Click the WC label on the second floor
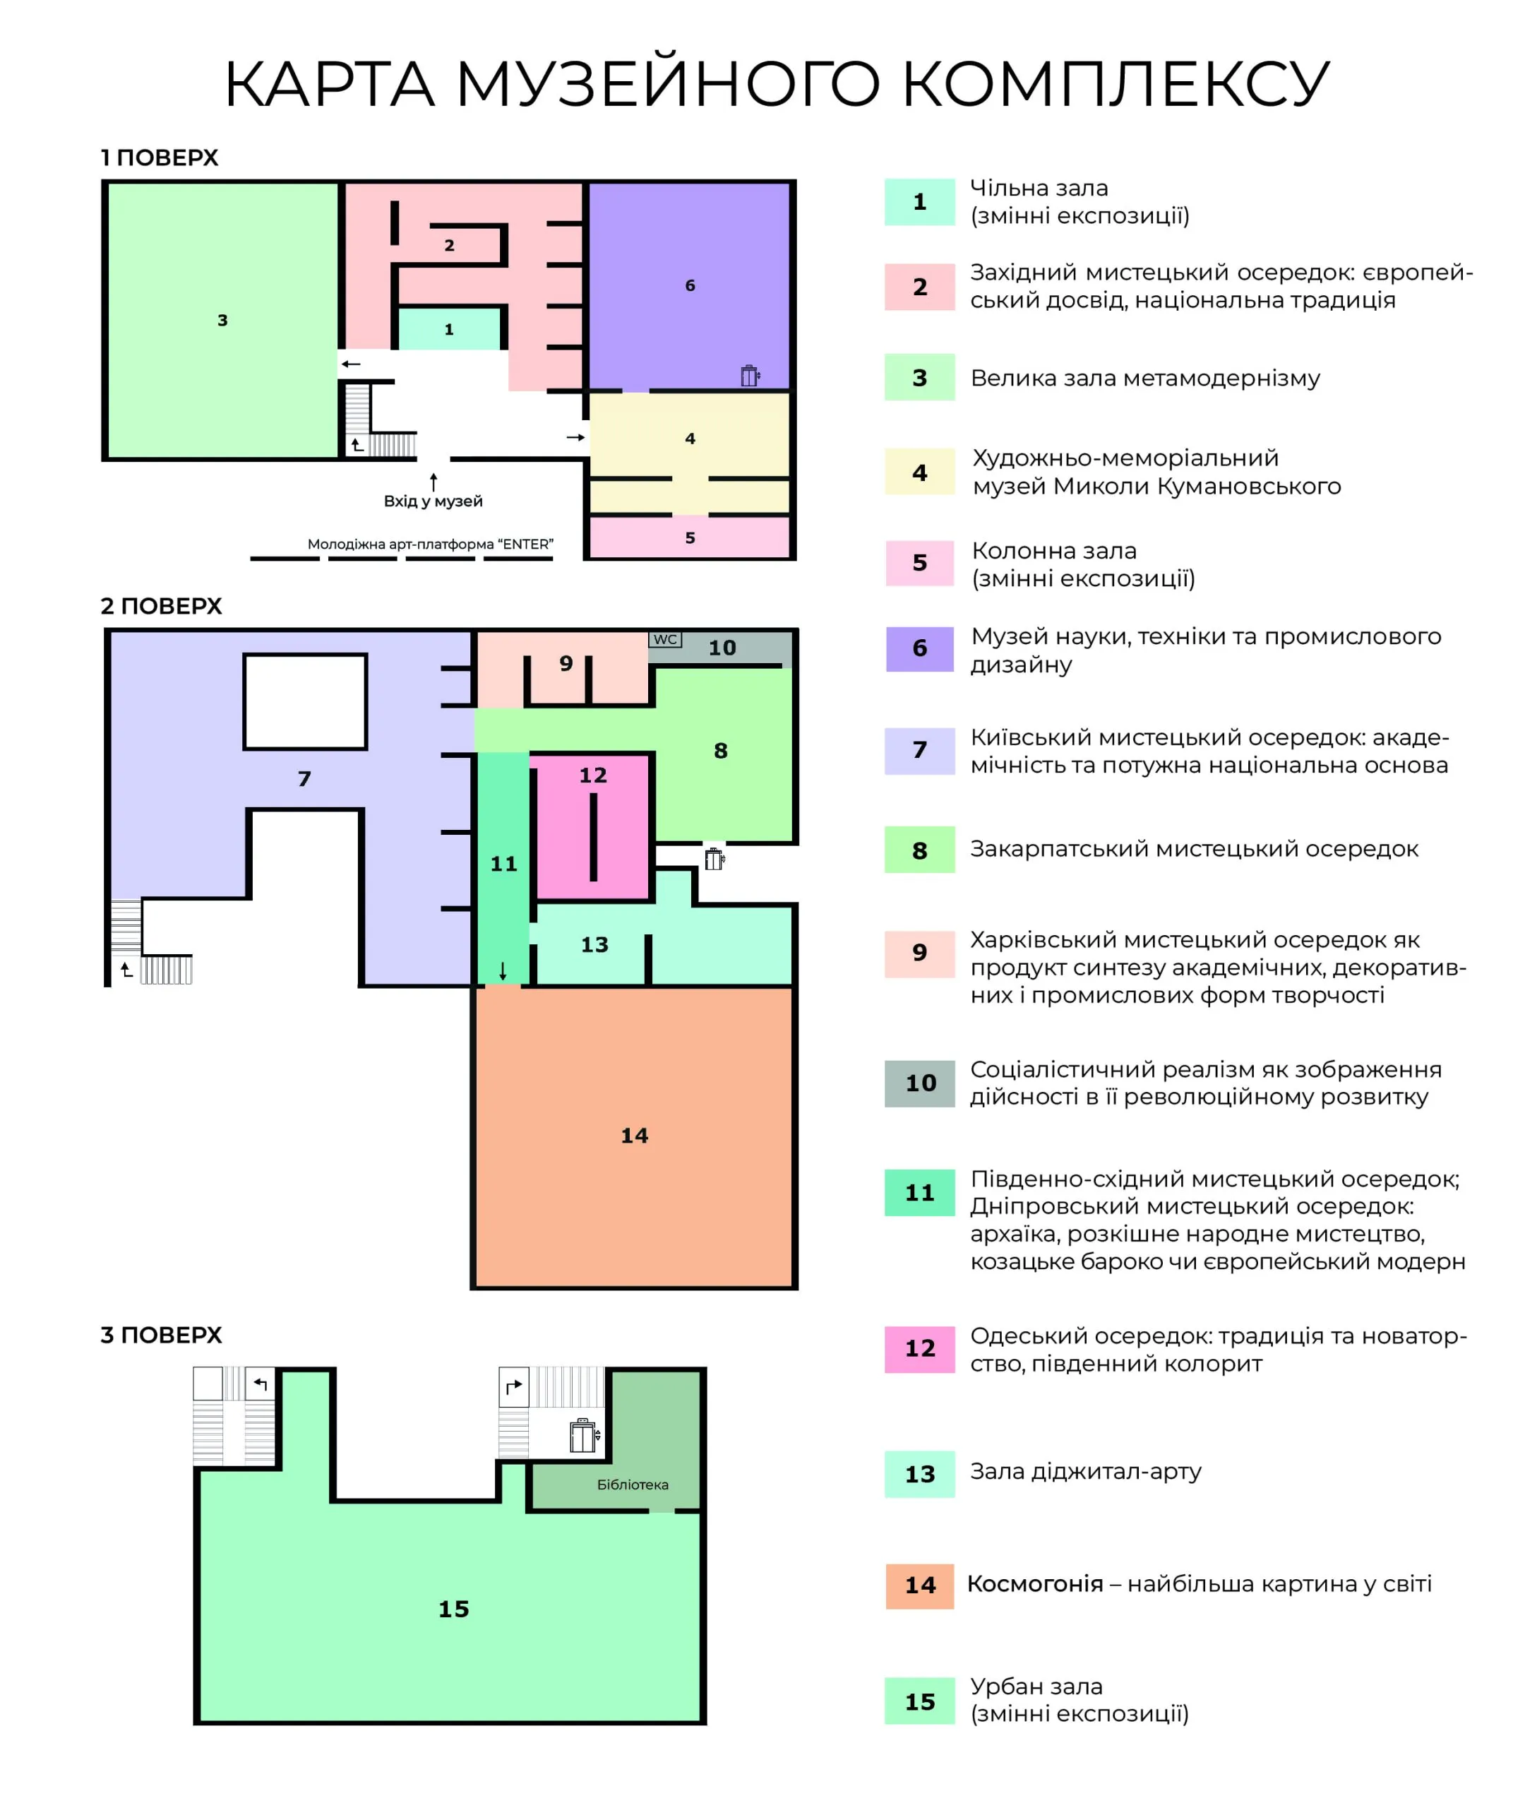pyautogui.click(x=665, y=639)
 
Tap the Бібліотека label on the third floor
pyautogui.click(x=633, y=1485)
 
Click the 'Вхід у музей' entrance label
pyautogui.click(x=433, y=501)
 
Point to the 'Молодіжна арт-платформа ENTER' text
pyautogui.click(x=431, y=544)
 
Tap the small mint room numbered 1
pyautogui.click(x=449, y=328)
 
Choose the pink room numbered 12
pyautogui.click(x=592, y=826)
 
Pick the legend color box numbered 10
pyautogui.click(x=920, y=1083)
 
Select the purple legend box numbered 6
pyautogui.click(x=920, y=648)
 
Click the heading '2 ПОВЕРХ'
pyautogui.click(x=161, y=606)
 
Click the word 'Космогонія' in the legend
pyautogui.click(x=1035, y=1583)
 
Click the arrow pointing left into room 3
pyautogui.click(x=351, y=364)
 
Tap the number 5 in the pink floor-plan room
pyautogui.click(x=690, y=538)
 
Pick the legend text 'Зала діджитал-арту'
pyautogui.click(x=1086, y=1471)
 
